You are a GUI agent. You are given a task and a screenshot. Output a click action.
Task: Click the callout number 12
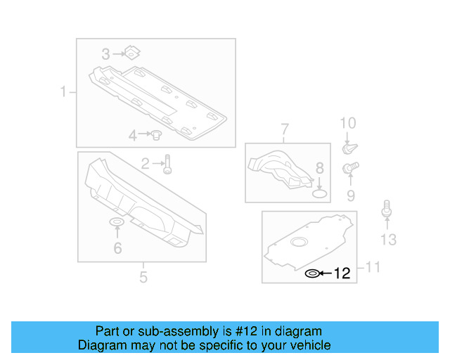(342, 274)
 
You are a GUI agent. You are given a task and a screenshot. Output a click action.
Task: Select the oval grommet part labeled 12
(311, 274)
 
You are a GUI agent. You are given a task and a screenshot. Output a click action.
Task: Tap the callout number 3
(105, 53)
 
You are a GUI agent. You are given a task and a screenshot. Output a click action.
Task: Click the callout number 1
(63, 92)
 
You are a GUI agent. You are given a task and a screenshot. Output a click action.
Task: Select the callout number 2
(145, 164)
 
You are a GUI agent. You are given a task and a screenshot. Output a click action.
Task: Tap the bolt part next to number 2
(167, 164)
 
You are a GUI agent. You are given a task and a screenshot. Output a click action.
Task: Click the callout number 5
(143, 276)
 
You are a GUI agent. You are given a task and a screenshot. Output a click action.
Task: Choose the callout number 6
(117, 247)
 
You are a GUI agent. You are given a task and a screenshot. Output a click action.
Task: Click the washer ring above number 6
(117, 224)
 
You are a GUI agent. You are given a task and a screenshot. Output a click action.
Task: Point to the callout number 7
(285, 129)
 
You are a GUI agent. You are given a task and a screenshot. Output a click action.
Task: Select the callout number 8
(319, 168)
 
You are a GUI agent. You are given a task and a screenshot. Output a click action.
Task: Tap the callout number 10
(348, 124)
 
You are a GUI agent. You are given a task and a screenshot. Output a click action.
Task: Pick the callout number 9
(349, 195)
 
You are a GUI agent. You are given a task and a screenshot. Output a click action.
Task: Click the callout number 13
(388, 240)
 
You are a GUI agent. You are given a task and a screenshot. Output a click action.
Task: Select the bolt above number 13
(386, 209)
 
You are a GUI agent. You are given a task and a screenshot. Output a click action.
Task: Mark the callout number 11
(372, 267)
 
